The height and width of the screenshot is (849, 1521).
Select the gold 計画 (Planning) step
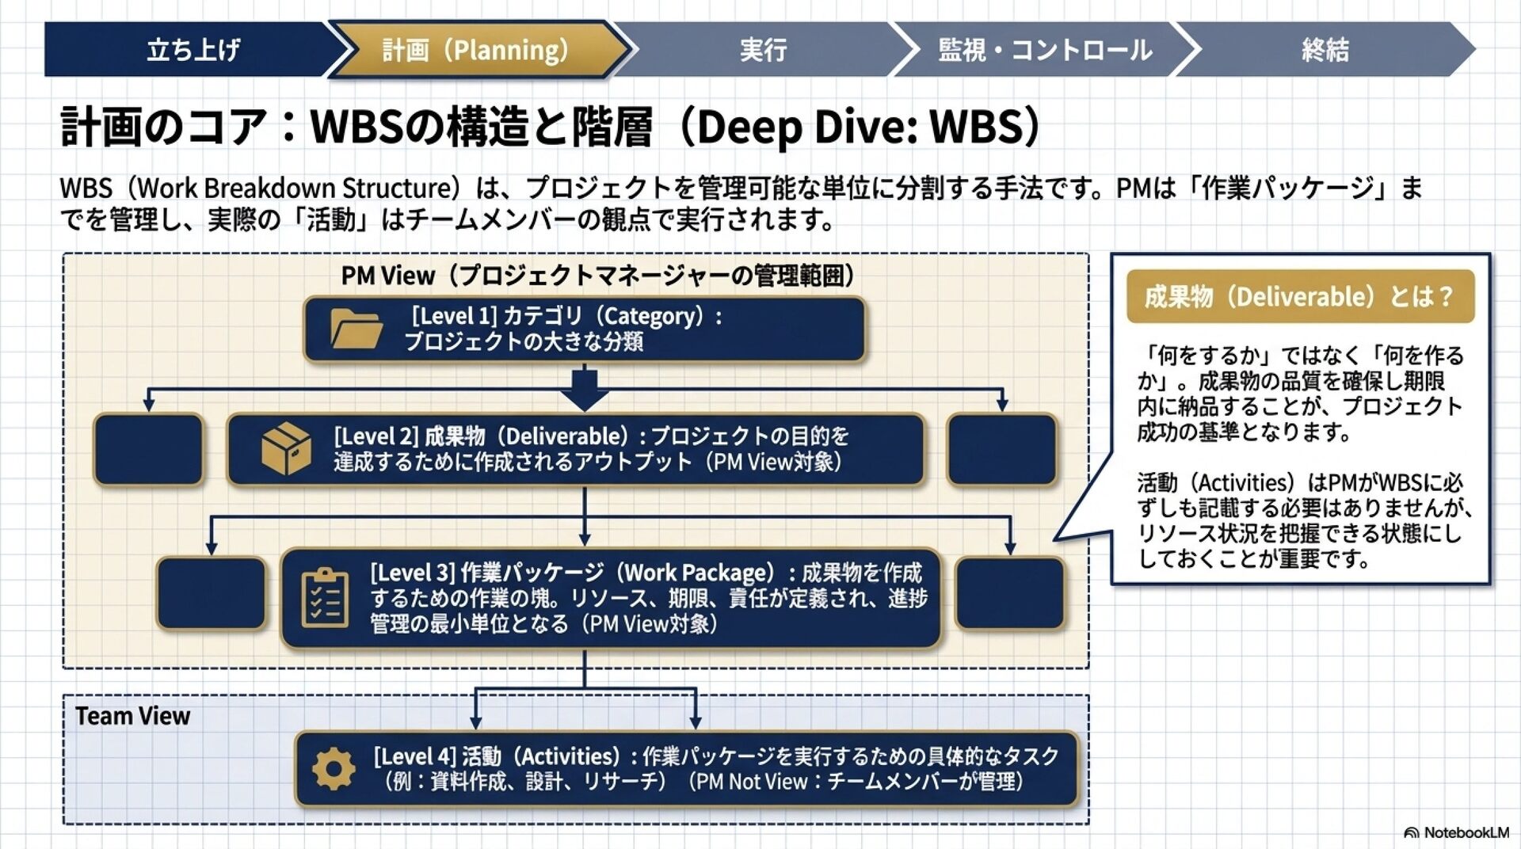click(475, 50)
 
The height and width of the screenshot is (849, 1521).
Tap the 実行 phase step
click(762, 50)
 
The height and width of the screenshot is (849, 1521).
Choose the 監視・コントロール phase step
click(1044, 50)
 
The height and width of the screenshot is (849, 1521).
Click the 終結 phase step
click(1325, 50)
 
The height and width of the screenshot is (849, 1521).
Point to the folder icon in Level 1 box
click(356, 329)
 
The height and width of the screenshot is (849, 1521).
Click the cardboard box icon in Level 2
click(286, 448)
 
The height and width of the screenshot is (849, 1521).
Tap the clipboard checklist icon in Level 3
click(325, 598)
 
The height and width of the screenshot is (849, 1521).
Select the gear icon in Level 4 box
click(334, 768)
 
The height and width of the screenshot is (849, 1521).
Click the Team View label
click(132, 716)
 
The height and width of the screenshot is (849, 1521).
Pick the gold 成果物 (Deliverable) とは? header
click(1300, 297)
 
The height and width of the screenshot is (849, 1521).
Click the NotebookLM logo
click(1456, 832)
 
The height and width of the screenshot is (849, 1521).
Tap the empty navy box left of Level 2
click(148, 449)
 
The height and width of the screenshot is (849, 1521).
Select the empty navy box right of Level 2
click(1001, 449)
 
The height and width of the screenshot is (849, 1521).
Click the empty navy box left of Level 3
click(211, 593)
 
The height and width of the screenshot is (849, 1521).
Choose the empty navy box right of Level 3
click(1009, 593)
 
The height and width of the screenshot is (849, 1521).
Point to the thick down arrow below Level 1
click(585, 389)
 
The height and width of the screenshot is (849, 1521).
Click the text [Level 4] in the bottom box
click(414, 756)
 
